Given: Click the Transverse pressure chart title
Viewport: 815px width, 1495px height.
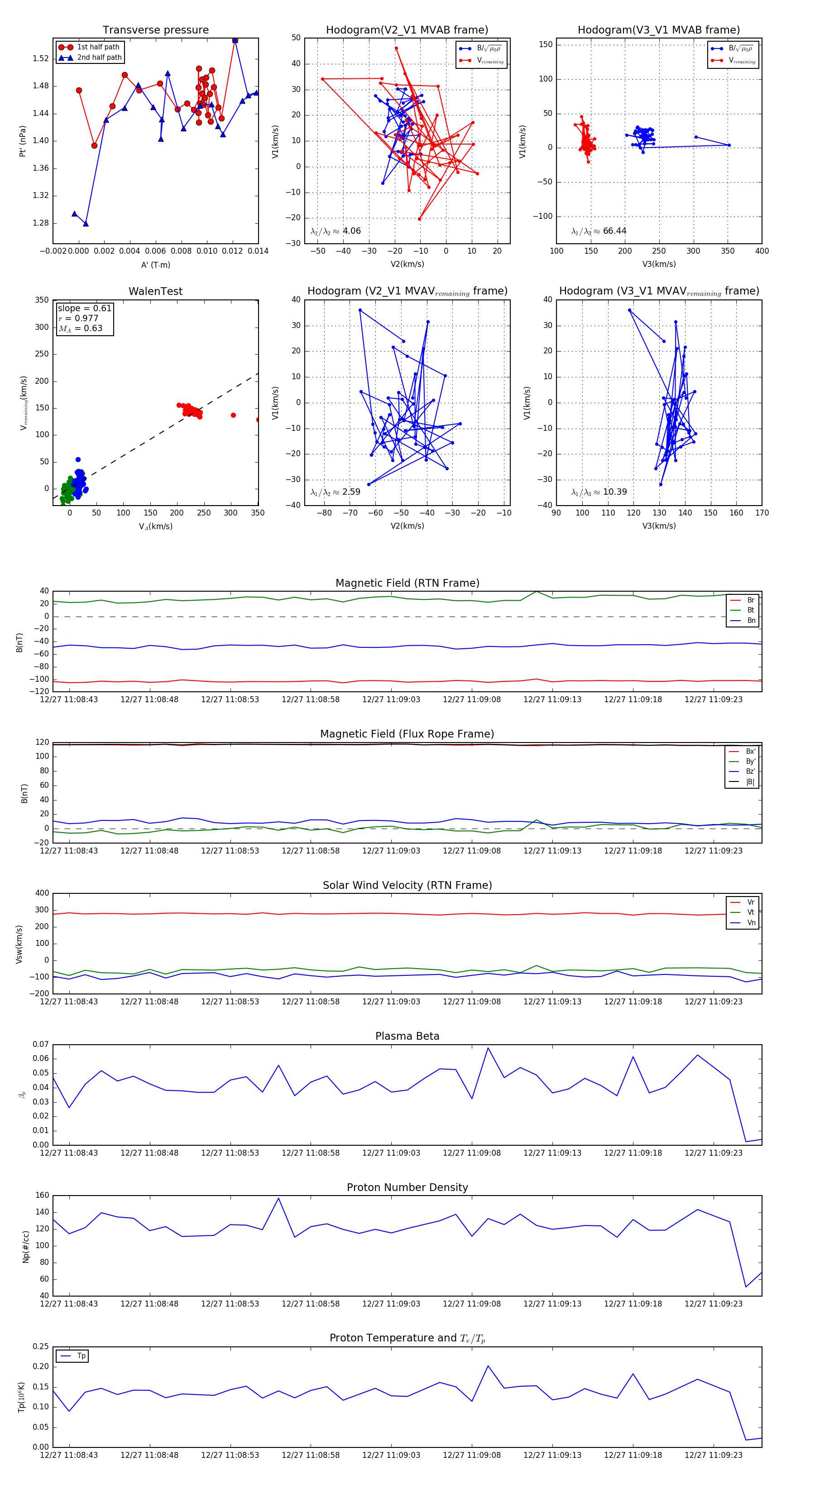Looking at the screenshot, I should click(155, 30).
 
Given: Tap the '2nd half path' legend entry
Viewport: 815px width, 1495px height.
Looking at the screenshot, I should click(99, 58).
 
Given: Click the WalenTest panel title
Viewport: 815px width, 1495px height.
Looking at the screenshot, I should click(155, 291).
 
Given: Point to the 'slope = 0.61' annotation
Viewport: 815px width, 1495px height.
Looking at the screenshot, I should click(84, 308).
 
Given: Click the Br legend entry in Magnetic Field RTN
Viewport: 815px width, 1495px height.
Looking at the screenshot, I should click(750, 600).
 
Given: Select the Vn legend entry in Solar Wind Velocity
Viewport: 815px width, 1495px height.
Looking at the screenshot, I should click(751, 922).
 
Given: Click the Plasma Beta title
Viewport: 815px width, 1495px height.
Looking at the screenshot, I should click(407, 1036).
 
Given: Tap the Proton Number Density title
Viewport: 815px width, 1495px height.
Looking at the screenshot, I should click(407, 1187).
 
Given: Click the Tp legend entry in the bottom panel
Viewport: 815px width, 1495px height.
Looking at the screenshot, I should click(81, 1356).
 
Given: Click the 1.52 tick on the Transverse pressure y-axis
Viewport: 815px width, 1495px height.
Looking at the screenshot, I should click(41, 58).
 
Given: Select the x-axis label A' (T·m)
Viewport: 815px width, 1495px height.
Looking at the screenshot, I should click(155, 265).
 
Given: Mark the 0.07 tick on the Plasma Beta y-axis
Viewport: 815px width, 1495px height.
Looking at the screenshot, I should click(41, 1044).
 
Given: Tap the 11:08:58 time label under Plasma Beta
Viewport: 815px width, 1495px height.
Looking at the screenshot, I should click(310, 1153).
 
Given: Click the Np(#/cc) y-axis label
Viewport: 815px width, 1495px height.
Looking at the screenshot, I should click(25, 1246).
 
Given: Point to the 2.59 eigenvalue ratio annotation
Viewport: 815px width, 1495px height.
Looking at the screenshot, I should click(351, 492).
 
